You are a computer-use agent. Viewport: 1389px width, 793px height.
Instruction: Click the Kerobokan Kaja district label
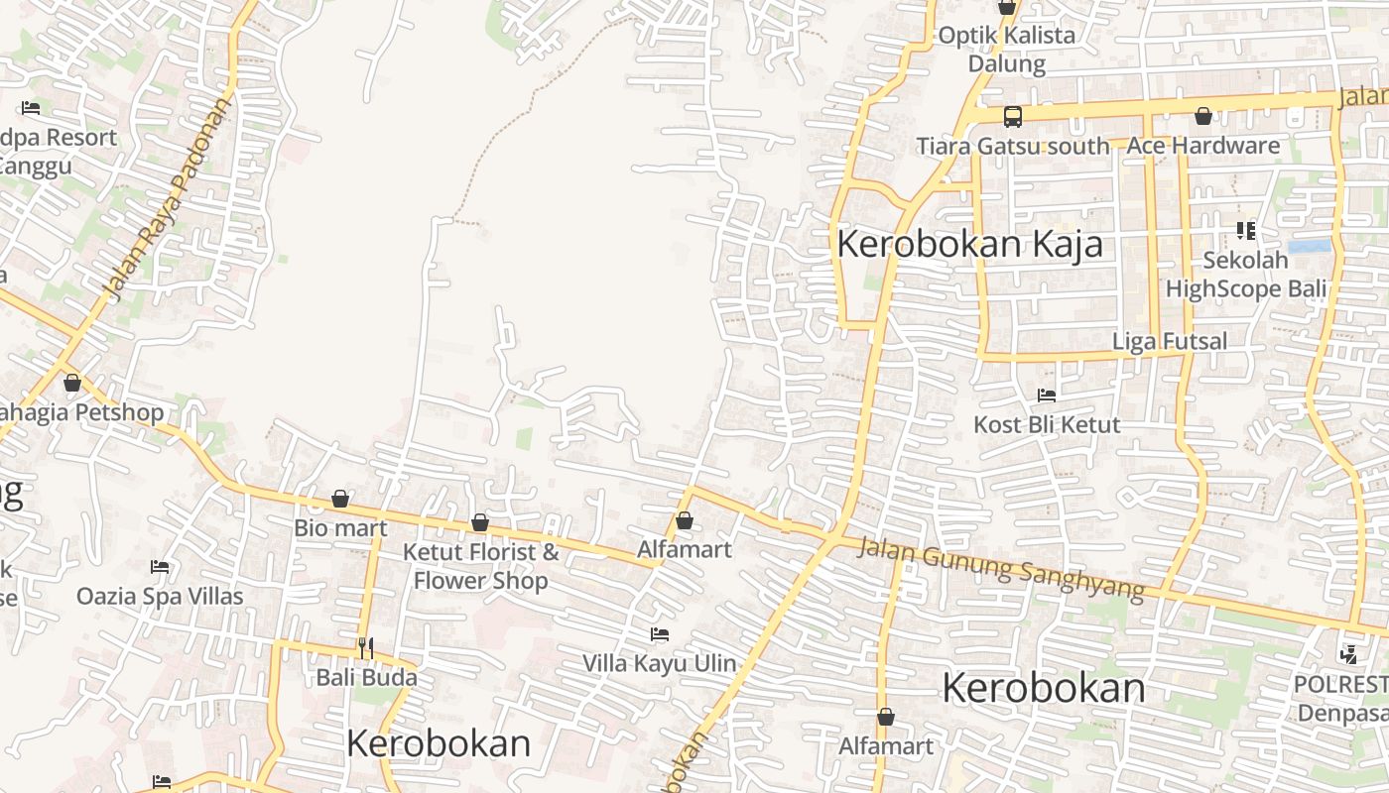click(x=969, y=244)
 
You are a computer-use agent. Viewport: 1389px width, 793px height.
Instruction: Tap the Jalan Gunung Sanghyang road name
click(x=1001, y=568)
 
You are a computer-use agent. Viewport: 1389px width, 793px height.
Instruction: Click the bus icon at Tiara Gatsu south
click(x=1012, y=117)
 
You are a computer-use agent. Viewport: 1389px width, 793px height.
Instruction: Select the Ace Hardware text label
click(x=1202, y=146)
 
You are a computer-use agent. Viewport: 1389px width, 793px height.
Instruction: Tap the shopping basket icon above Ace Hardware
click(x=1202, y=117)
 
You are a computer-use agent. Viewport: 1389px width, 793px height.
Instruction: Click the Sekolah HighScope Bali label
click(x=1245, y=275)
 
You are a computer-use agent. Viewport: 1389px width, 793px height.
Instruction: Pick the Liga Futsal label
click(x=1169, y=341)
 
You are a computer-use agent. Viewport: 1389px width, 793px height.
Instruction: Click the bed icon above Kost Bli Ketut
click(x=1046, y=396)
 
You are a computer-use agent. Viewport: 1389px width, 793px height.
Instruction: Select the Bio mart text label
click(x=340, y=527)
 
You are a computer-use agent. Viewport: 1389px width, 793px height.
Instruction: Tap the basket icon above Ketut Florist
click(x=480, y=522)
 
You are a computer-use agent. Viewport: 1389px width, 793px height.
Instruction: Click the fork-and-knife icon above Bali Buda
click(x=366, y=648)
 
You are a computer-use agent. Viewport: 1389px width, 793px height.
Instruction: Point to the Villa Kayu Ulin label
click(x=659, y=663)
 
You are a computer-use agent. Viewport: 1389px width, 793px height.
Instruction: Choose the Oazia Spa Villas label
click(x=160, y=597)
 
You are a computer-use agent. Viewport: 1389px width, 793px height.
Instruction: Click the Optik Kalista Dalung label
click(x=1006, y=50)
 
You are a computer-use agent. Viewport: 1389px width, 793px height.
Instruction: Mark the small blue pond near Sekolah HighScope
click(x=1309, y=246)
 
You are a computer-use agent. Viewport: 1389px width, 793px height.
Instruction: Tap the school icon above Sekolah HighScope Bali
click(x=1245, y=231)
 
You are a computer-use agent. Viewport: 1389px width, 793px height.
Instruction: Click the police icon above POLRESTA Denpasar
click(x=1347, y=654)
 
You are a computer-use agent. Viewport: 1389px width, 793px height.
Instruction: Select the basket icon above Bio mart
click(x=340, y=498)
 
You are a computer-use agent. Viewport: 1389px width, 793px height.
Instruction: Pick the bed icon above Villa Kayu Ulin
click(x=659, y=634)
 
